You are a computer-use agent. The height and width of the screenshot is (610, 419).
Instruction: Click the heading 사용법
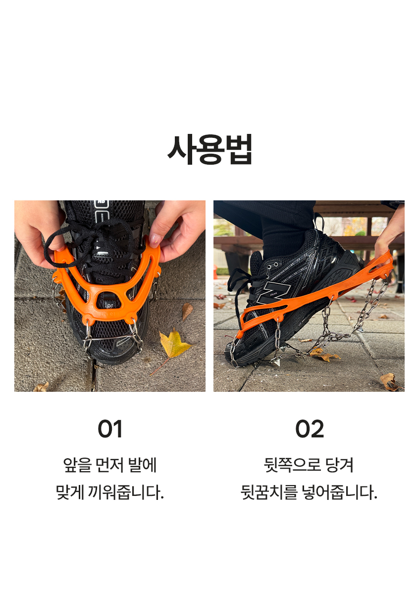209,149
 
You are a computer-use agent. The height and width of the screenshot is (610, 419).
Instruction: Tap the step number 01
110,429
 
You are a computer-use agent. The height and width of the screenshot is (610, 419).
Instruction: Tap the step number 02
309,429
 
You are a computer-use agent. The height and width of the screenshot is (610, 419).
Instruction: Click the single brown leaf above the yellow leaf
187,311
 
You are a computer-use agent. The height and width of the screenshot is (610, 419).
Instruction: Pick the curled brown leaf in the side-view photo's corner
389,381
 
